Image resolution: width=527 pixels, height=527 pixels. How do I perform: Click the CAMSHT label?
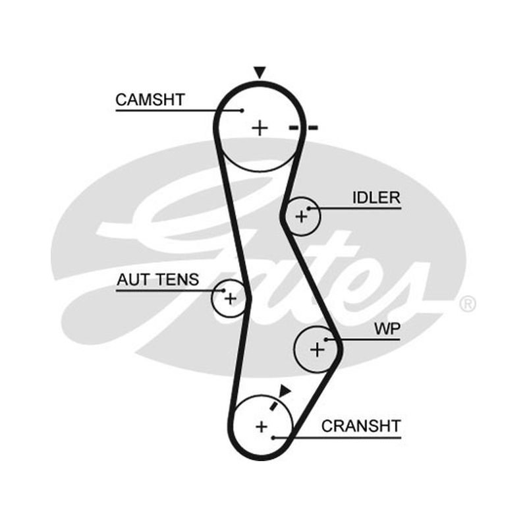point(150,100)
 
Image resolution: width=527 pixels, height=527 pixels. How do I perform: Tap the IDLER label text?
point(376,198)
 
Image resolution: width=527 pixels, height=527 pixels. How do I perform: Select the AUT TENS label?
point(157,279)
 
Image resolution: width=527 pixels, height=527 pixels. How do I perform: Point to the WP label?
point(387,329)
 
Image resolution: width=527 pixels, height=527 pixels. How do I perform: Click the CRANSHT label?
point(361,426)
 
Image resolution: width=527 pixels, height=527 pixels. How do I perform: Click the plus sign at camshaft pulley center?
point(260,128)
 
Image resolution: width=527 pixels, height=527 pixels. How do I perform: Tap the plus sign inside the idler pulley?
point(302,217)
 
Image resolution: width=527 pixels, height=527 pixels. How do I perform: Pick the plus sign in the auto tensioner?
point(231,298)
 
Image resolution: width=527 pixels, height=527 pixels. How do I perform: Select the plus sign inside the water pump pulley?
point(318,350)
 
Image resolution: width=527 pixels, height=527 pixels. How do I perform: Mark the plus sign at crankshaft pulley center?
point(262,426)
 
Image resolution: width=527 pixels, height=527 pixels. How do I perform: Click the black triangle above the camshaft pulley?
point(260,72)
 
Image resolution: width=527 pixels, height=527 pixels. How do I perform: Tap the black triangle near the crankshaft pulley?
point(285,391)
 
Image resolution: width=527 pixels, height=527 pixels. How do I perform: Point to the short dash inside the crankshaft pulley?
point(274,406)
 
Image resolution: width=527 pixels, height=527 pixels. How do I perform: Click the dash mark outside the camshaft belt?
point(312,128)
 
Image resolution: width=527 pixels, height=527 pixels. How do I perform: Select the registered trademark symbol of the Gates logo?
point(468,304)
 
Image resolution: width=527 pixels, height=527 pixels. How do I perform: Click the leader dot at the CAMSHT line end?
point(242,111)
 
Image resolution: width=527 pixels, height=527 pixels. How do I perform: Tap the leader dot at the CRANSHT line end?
point(273,437)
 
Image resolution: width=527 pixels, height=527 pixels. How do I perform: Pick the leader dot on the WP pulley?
point(325,340)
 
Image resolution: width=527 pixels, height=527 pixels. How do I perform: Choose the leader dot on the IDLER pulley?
point(309,209)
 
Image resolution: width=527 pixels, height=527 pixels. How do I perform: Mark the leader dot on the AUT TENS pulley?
point(223,291)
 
